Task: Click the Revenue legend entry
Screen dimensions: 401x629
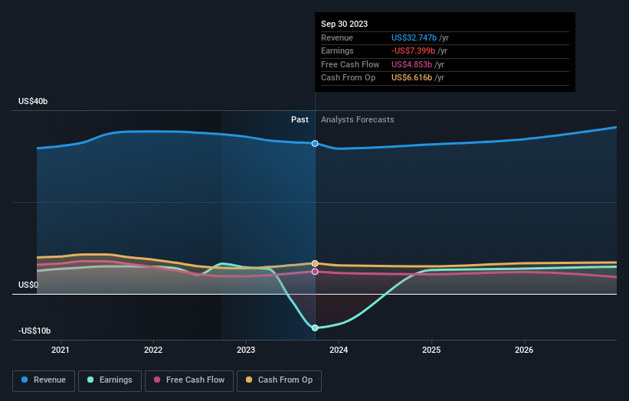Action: [x=44, y=380]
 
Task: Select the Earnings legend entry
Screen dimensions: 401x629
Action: [x=110, y=380]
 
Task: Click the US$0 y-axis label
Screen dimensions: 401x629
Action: [x=29, y=285]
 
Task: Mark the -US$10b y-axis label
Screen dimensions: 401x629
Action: [x=34, y=331]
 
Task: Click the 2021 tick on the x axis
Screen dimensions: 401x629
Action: [x=61, y=350]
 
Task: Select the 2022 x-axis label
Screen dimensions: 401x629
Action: [x=153, y=350]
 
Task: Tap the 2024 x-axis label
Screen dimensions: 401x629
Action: [x=339, y=350]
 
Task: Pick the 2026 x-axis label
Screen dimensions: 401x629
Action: [x=524, y=350]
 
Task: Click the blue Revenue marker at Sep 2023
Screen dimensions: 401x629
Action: [x=315, y=143]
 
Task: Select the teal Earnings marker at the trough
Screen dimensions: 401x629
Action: [x=315, y=328]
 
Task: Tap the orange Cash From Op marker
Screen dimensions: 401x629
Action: [x=315, y=263]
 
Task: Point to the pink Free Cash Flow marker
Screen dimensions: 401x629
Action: [x=315, y=272]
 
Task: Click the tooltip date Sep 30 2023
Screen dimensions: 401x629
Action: [x=344, y=24]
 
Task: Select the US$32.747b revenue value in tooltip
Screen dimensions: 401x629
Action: [x=414, y=37]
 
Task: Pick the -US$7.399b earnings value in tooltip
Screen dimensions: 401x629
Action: [x=414, y=51]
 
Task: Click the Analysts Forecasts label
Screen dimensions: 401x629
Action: [x=358, y=119]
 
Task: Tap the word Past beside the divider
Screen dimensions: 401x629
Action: [x=300, y=119]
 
